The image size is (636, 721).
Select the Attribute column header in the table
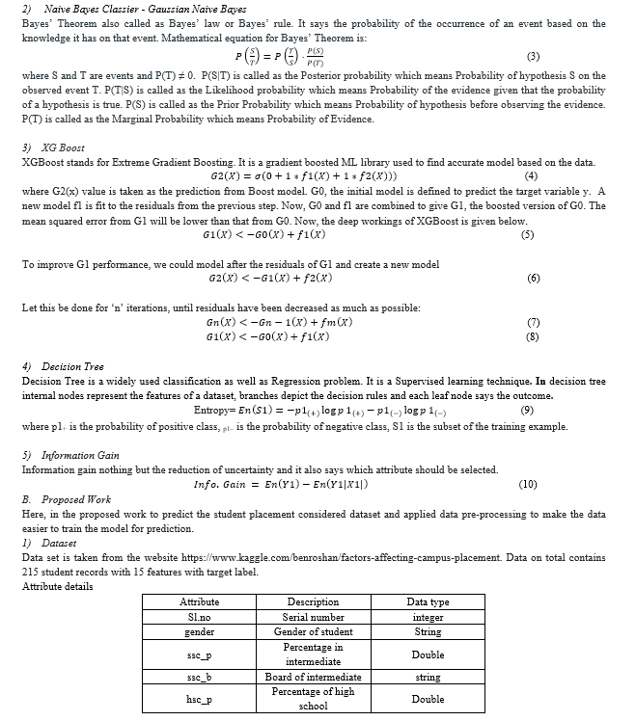pyautogui.click(x=200, y=601)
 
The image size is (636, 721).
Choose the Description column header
pyautogui.click(x=313, y=601)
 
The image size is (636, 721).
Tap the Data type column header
pyautogui.click(x=428, y=601)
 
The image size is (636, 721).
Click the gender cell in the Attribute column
pyautogui.click(x=200, y=631)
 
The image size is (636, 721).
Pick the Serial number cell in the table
pyautogui.click(x=313, y=617)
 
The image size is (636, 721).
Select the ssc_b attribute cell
pyautogui.click(x=200, y=677)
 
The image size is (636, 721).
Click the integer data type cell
pyautogui.click(x=428, y=617)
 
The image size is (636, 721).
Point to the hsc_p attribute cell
pyautogui.click(x=200, y=699)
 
